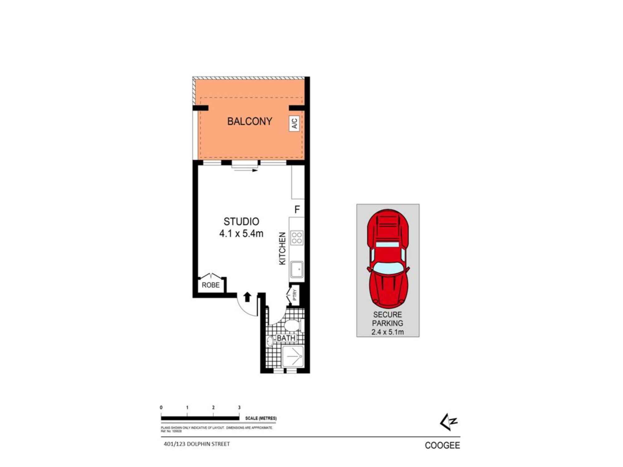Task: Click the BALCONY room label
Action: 250,121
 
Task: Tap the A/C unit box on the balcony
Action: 294,123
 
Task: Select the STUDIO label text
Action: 241,221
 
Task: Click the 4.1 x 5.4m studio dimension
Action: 241,233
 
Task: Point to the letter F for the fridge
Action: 297,210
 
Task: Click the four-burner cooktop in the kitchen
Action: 297,238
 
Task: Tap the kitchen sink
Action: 297,269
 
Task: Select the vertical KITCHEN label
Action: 282,248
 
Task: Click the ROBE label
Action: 211,285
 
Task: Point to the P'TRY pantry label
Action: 295,295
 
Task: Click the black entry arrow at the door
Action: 247,297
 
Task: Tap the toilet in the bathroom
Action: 292,326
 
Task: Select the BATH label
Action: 286,338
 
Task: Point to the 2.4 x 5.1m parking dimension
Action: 388,332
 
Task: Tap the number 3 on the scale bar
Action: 239,408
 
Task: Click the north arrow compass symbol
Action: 449,422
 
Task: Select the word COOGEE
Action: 442,446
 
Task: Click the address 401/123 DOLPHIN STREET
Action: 197,444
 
